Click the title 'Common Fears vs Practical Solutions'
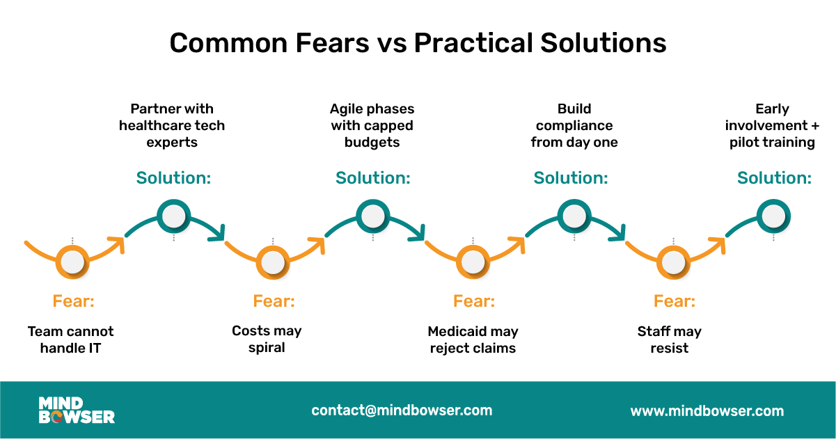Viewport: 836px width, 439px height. (x=418, y=44)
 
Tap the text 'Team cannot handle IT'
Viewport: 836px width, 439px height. (x=70, y=340)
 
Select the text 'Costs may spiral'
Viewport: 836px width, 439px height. (x=267, y=339)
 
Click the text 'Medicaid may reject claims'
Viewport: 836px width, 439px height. (x=473, y=340)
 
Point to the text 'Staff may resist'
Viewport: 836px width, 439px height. (x=669, y=340)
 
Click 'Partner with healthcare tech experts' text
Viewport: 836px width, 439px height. (x=172, y=126)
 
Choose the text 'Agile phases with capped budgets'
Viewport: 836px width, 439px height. (x=372, y=126)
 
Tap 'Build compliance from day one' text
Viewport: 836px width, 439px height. (x=574, y=126)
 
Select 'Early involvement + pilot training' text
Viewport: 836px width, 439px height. (x=772, y=126)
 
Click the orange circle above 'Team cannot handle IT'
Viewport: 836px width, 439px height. (x=72, y=262)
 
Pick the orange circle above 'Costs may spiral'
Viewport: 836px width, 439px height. (x=272, y=262)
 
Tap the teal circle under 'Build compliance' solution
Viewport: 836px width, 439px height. (x=574, y=216)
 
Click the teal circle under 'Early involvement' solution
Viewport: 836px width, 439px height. (x=773, y=216)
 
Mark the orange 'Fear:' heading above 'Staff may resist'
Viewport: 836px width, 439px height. (x=674, y=301)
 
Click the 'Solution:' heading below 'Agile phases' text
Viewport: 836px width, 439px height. (x=372, y=178)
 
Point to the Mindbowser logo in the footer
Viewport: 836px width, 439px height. (x=77, y=410)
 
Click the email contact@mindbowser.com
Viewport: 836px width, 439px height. (x=402, y=410)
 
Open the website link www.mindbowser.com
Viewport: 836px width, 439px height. (x=707, y=411)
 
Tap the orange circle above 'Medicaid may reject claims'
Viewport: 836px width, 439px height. (x=473, y=262)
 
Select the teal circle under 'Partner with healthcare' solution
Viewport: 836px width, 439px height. (x=173, y=216)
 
